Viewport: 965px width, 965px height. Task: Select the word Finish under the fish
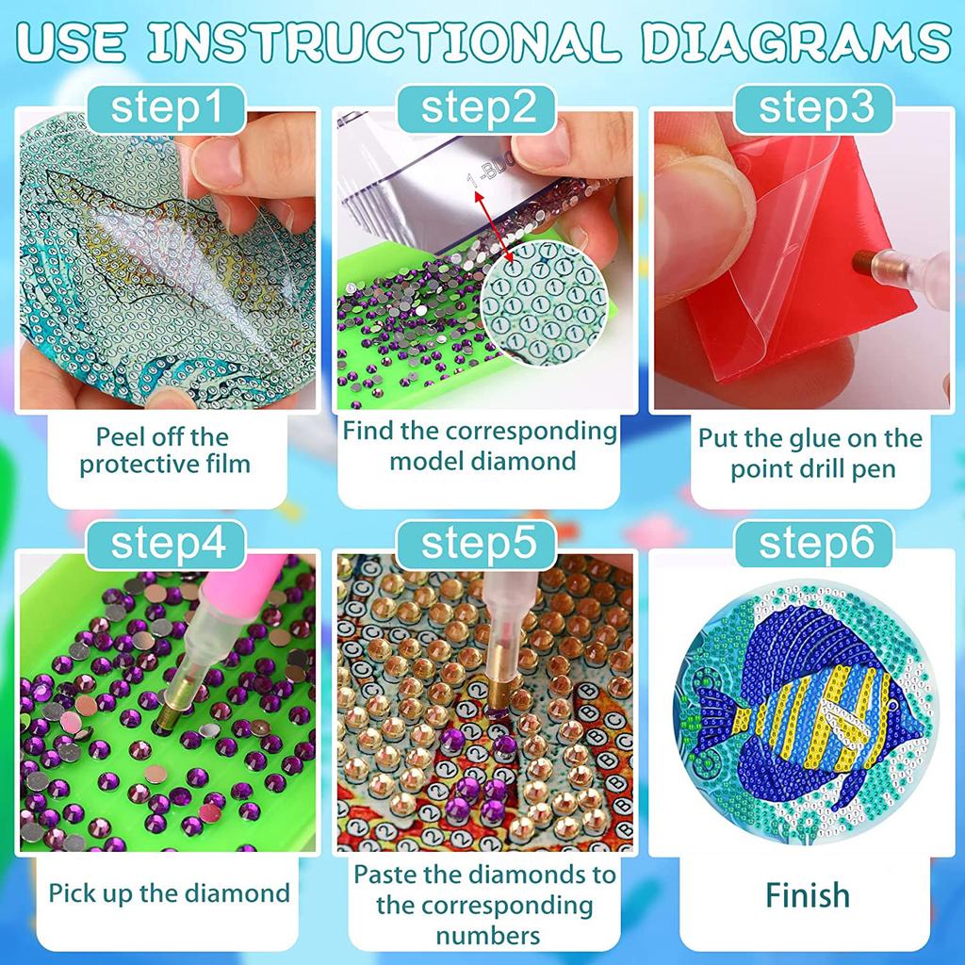[808, 893]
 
